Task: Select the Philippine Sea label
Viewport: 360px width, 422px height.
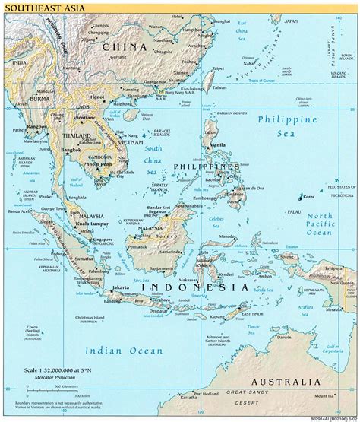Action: click(287, 127)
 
